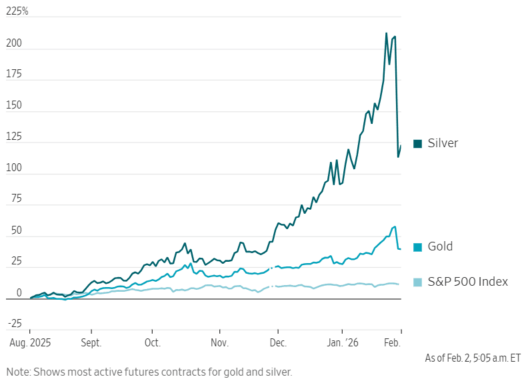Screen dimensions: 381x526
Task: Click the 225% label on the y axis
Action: (18, 11)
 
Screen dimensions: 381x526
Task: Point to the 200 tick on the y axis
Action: (13, 44)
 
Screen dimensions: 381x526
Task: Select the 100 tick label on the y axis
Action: (13, 169)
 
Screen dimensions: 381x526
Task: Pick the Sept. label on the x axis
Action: (91, 343)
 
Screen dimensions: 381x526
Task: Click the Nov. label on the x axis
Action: (220, 343)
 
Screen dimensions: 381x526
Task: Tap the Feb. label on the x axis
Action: (393, 343)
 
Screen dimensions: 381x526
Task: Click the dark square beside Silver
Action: (418, 143)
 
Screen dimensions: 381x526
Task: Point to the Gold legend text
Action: (440, 246)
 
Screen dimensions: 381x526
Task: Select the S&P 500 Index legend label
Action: (467, 282)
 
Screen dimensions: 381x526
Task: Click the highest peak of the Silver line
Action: (387, 33)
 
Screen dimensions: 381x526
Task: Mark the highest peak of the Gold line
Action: (395, 226)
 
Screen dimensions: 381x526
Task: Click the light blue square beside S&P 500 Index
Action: (418, 282)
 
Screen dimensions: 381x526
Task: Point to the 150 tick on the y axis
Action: (13, 106)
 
